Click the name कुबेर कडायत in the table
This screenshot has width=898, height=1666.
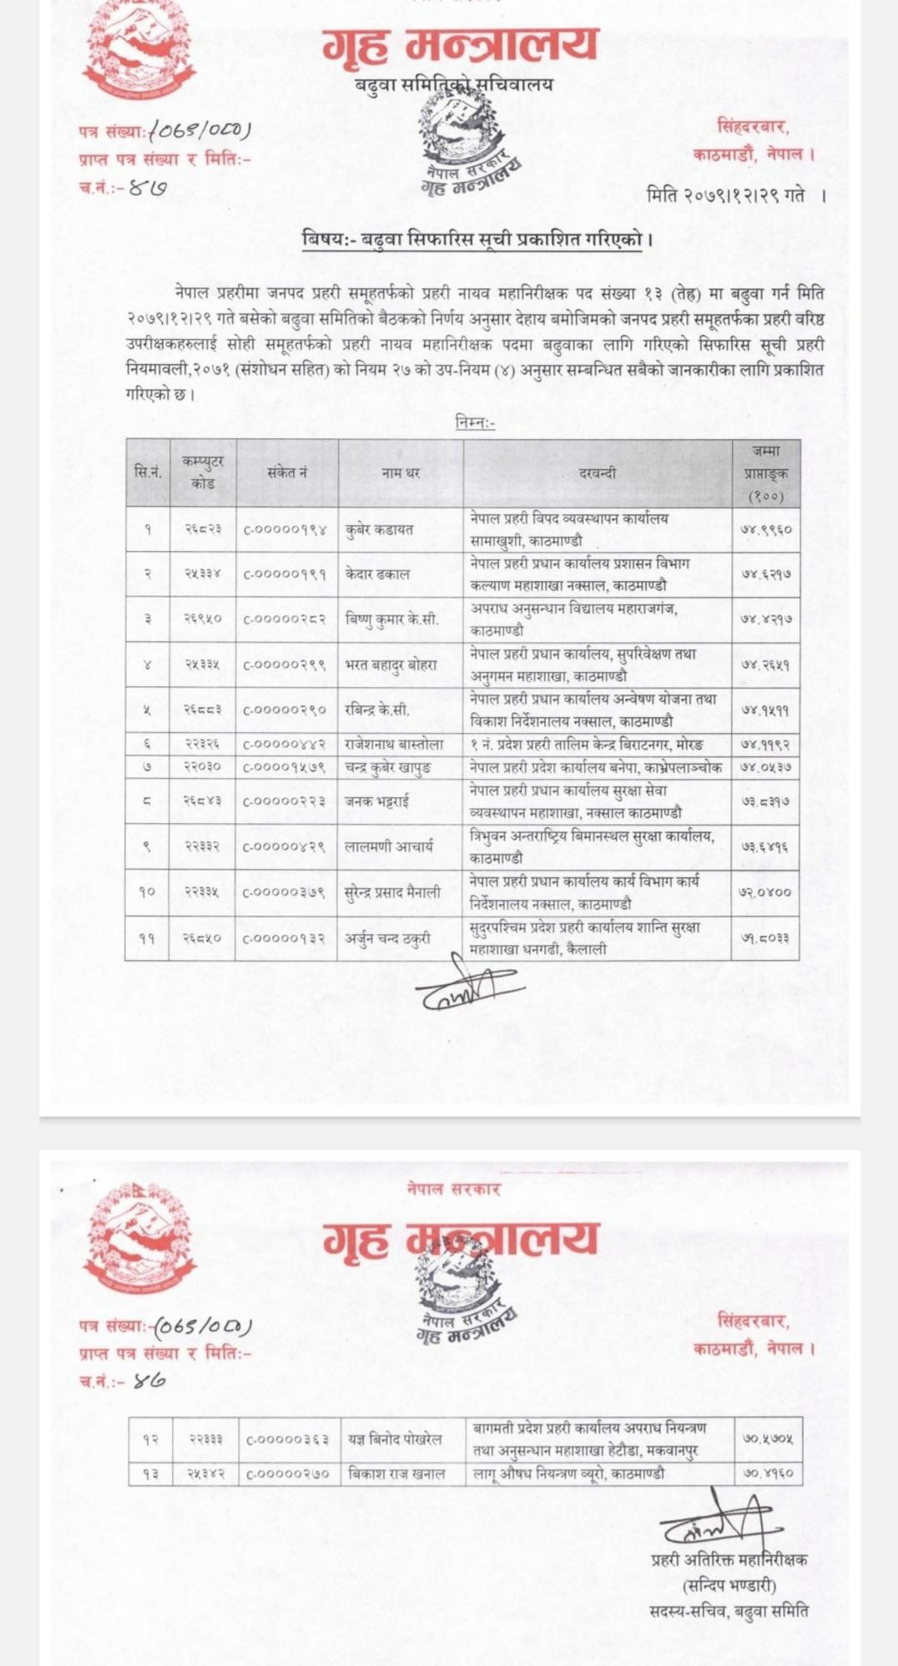(380, 529)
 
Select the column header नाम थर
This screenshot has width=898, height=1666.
(401, 472)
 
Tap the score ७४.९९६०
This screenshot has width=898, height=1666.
(766, 529)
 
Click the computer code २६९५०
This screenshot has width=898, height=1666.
(203, 619)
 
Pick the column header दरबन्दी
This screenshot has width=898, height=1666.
(598, 472)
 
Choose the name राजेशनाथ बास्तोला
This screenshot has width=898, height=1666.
(394, 744)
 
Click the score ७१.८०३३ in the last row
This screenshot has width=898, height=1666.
(766, 938)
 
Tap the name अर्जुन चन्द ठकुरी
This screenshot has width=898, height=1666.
(388, 938)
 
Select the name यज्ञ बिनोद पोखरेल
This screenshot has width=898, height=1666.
(396, 1439)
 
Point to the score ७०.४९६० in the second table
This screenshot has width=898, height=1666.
(768, 1474)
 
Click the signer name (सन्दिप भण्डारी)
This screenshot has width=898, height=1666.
(729, 1585)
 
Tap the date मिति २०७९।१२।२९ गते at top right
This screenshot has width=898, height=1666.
(726, 195)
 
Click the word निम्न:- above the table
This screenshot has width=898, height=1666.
(475, 423)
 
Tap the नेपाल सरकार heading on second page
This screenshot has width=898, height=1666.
(454, 1189)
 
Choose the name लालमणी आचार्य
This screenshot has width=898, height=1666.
(390, 846)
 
